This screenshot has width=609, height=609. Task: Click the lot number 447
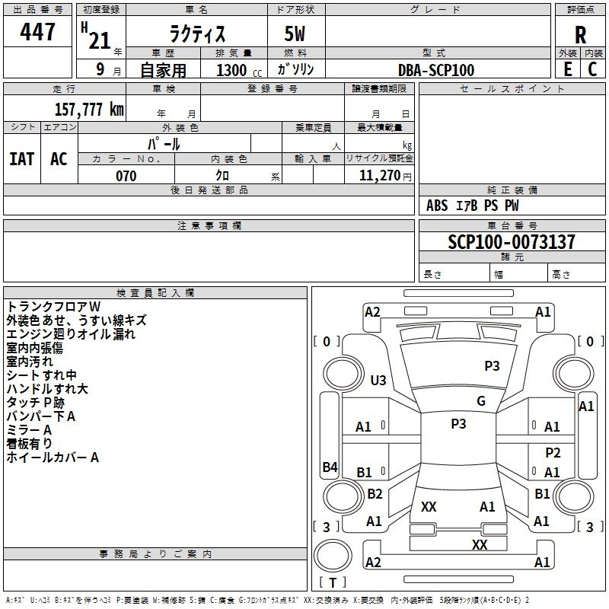pyautogui.click(x=37, y=31)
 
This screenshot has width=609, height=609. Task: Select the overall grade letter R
pyautogui.click(x=580, y=35)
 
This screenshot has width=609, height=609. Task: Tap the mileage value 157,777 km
pyautogui.click(x=89, y=109)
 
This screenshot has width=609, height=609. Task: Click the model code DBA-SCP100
pyautogui.click(x=436, y=70)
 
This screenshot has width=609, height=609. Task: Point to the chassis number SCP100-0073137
pyautogui.click(x=512, y=241)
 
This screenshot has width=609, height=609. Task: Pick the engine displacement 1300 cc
pyautogui.click(x=239, y=70)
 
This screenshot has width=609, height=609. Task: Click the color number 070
pyautogui.click(x=126, y=176)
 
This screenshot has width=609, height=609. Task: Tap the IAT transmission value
pyautogui.click(x=22, y=159)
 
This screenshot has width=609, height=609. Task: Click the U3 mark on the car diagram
pyautogui.click(x=378, y=380)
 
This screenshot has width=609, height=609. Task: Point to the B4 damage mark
pyautogui.click(x=330, y=467)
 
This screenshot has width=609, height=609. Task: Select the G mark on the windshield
pyautogui.click(x=481, y=400)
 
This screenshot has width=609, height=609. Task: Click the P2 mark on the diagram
pyautogui.click(x=553, y=452)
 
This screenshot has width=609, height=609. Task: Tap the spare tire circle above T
pyautogui.click(x=333, y=556)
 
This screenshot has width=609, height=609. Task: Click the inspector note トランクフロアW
pyautogui.click(x=53, y=307)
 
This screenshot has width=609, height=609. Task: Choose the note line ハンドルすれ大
pyautogui.click(x=47, y=389)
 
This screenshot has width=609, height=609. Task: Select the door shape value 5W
pyautogui.click(x=295, y=33)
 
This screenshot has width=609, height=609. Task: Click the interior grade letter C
pyautogui.click(x=592, y=69)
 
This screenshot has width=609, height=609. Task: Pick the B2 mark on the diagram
pyautogui.click(x=375, y=493)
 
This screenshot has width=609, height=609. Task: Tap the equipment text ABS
pyautogui.click(x=437, y=206)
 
